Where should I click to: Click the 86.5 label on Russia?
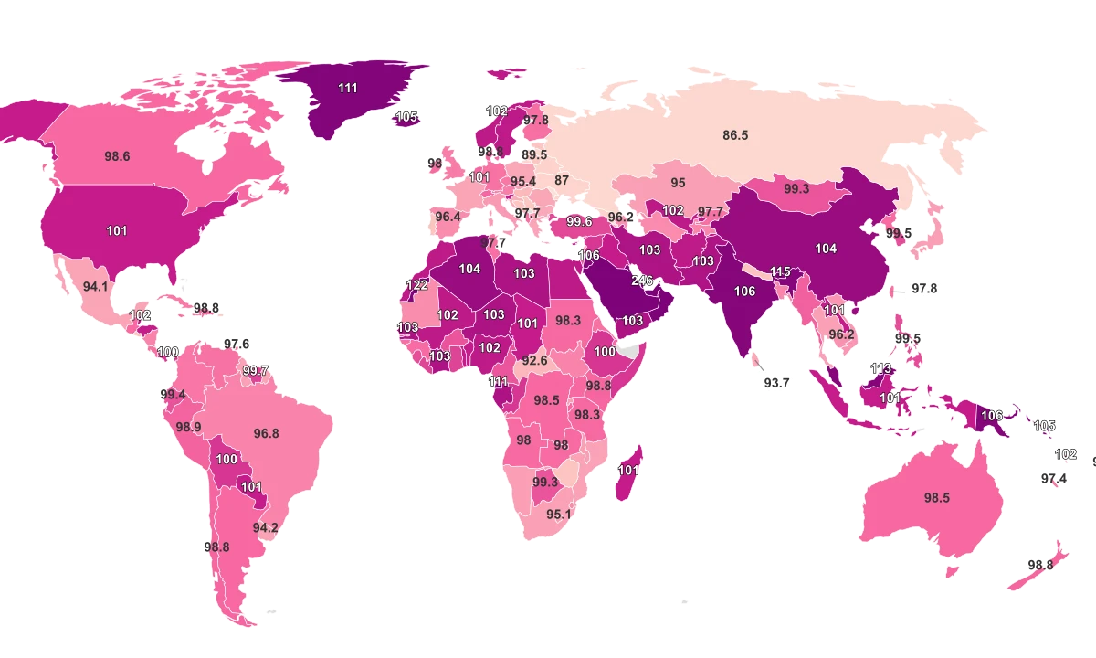pos(735,135)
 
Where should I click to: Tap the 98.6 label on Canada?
pos(117,156)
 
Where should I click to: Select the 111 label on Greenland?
pos(347,88)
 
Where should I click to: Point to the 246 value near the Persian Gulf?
pos(642,281)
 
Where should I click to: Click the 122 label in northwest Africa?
pos(416,285)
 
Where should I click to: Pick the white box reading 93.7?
pos(776,383)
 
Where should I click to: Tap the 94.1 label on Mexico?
pos(96,286)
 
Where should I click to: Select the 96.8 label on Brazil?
pos(266,433)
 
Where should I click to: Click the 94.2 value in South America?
pos(266,527)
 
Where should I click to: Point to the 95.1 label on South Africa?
pos(559,514)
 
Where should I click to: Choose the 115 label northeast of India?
pos(780,271)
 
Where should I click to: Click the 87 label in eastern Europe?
pos(562,180)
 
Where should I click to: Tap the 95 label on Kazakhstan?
pos(678,183)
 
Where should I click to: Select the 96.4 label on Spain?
pos(448,217)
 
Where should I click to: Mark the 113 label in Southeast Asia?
pos(880,369)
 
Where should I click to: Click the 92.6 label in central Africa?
pos(535,360)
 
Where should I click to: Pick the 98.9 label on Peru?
pos(188,427)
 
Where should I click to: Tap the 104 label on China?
pos(826,248)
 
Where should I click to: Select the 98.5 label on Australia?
pos(937,498)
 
